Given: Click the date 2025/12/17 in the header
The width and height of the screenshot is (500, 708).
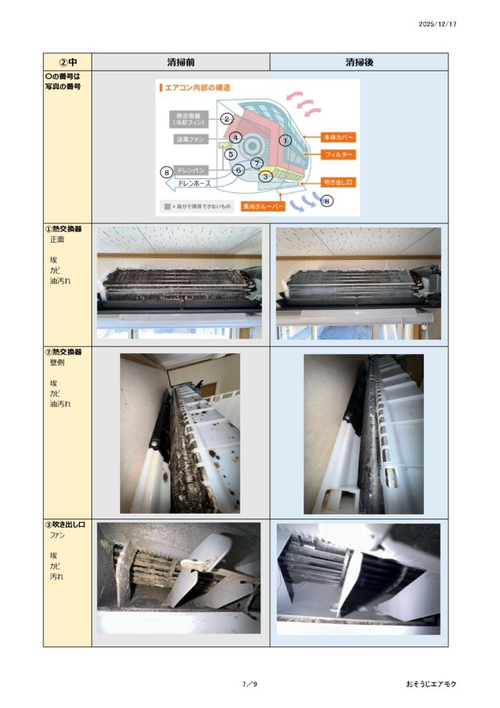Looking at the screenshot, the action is pos(437,24).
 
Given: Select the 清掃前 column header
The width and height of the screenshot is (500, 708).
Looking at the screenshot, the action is pos(181,62).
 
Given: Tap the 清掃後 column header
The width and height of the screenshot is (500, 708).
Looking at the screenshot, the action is pos(359,62).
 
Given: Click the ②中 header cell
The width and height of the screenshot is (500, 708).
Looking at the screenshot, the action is pos(68,62).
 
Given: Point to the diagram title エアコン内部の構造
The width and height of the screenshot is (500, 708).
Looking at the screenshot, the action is pos(198,88).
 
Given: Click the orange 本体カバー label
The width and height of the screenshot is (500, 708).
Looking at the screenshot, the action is pos(338,137).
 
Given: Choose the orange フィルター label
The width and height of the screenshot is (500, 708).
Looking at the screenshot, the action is pos(338,154).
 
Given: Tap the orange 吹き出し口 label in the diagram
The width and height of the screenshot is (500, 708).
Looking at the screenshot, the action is pos(338,183).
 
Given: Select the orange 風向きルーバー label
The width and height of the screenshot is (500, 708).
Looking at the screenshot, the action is pos(263,206).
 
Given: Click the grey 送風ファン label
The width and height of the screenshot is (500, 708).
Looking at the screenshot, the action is pos(191,139).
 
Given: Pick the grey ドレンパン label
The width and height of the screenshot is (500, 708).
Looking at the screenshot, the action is pos(191,170).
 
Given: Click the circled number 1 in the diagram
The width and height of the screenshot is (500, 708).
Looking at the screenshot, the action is pos(285,140).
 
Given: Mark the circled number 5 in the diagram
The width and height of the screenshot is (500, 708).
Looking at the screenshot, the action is pos(231,154).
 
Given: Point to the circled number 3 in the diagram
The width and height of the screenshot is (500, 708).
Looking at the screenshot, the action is pos(266,176).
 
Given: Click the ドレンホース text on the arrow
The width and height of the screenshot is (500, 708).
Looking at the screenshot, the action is pos(194,183).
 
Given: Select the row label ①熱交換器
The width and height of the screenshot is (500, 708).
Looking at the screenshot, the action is pos(63,229).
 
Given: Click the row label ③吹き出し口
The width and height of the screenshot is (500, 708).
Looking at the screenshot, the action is pos(65,525).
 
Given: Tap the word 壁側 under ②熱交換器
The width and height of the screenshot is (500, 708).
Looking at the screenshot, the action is pos(57,362).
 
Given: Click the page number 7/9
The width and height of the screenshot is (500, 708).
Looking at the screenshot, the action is pos(249,684).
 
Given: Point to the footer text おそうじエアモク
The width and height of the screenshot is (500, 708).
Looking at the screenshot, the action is pos(431,684).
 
